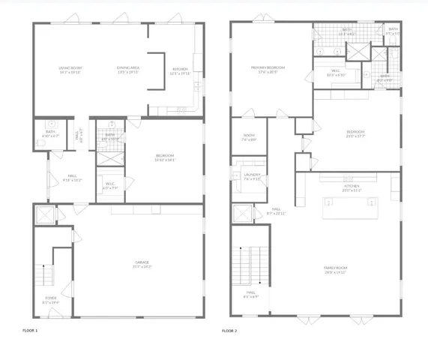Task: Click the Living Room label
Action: click(x=70, y=70)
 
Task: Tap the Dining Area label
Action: click(x=128, y=70)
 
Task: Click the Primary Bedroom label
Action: click(x=269, y=69)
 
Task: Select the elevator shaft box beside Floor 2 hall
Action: click(x=244, y=214)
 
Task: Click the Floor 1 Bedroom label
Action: click(x=165, y=157)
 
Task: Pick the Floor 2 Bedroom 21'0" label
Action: click(x=355, y=134)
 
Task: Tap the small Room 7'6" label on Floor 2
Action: click(x=249, y=137)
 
